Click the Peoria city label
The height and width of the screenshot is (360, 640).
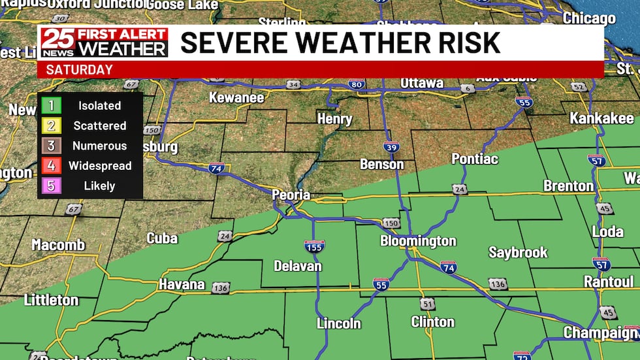pos(291,195)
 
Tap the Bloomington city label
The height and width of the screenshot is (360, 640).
pos(418,241)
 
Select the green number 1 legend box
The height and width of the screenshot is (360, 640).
pos(50,105)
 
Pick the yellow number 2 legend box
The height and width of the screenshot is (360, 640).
pos(50,125)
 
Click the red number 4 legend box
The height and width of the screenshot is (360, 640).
pos(50,166)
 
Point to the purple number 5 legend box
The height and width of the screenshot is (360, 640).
pos(50,186)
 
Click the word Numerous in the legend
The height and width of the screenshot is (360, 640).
pos(99,146)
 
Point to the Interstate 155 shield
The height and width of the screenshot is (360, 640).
pos(314,246)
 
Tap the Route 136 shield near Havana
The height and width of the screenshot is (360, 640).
pos(221,288)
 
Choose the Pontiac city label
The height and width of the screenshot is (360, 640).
pos(475,159)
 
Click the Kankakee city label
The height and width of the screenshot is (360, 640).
pos(601,118)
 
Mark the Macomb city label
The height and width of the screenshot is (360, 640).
pos(58,245)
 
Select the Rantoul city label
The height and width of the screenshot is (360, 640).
pos(609,282)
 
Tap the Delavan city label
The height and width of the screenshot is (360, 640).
pos(297,266)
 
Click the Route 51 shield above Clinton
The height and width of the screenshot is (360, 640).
pos(427,304)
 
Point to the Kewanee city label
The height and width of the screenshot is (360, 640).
pos(236,98)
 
